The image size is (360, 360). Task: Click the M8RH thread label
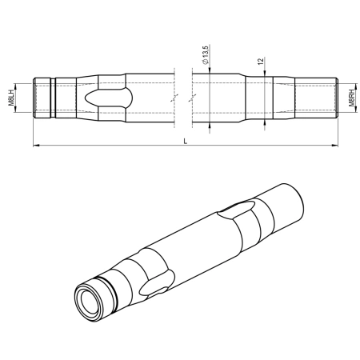(x=353, y=99)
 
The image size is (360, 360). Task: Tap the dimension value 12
(x=261, y=62)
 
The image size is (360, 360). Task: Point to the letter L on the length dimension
(x=186, y=141)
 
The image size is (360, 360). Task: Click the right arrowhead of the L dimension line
(x=336, y=146)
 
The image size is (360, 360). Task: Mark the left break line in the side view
(x=174, y=98)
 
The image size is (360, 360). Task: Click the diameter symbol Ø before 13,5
(x=206, y=67)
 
